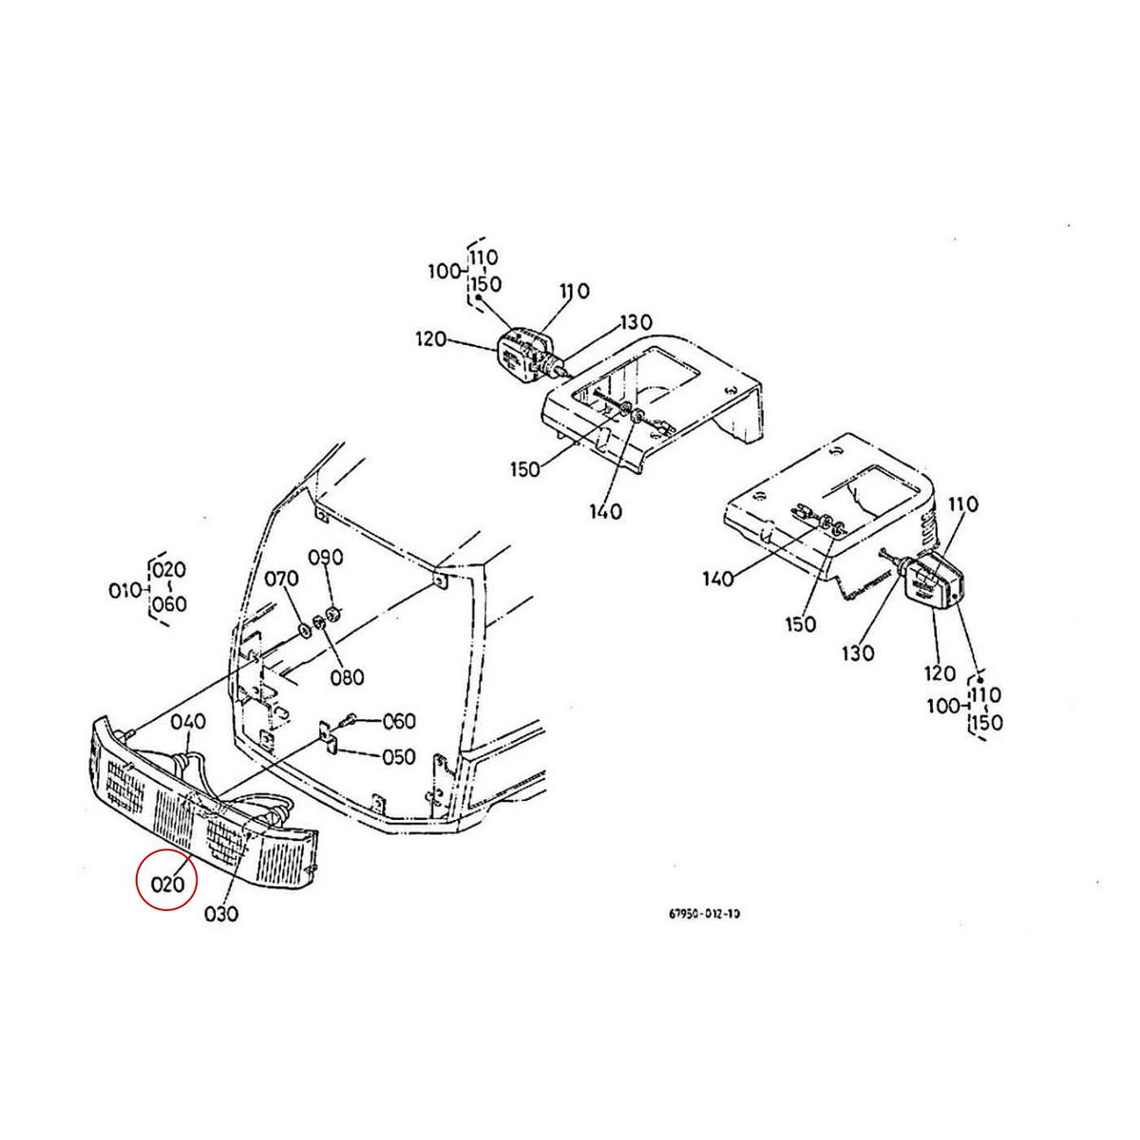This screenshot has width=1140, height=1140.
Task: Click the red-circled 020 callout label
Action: (x=166, y=883)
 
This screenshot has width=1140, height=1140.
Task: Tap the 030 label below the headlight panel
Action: (x=220, y=914)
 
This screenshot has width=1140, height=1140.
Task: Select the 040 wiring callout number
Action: (x=188, y=722)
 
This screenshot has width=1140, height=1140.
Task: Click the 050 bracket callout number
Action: (x=397, y=757)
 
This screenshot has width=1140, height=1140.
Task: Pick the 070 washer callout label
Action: (x=281, y=579)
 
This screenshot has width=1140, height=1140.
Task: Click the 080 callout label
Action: (x=348, y=677)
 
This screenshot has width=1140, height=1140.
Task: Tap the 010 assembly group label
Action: (x=124, y=591)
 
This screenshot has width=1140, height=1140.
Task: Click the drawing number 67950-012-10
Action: (x=703, y=914)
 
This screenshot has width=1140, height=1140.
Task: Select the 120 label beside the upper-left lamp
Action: (x=430, y=338)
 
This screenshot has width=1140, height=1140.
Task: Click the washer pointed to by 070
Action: (x=305, y=628)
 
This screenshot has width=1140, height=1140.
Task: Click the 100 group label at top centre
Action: (x=443, y=272)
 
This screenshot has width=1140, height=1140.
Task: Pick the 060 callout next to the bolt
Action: (x=398, y=722)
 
